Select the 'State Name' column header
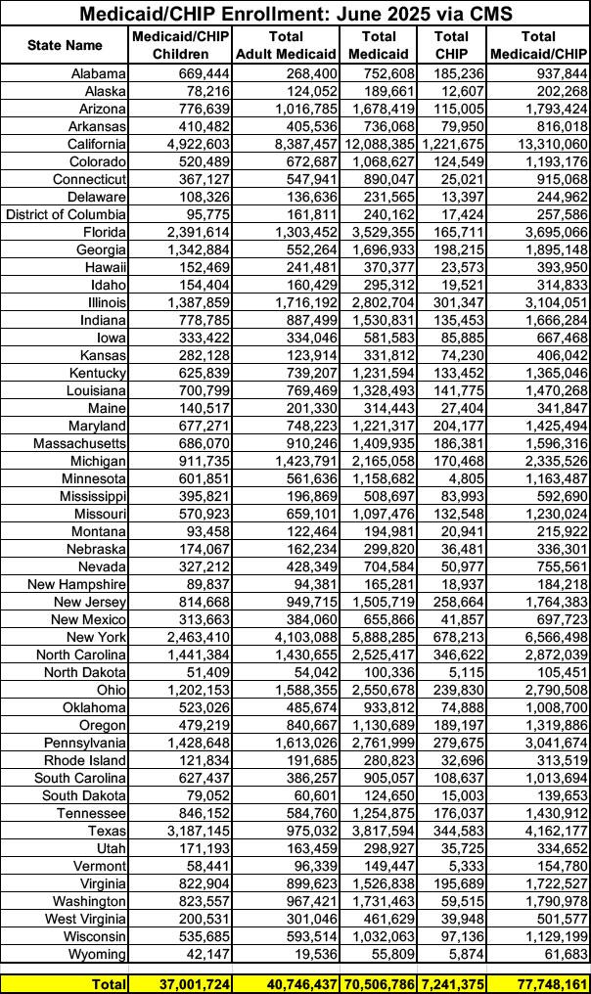point(65,45)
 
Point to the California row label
point(93,143)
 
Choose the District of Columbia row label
point(67,214)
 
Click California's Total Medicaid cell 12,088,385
point(378,143)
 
